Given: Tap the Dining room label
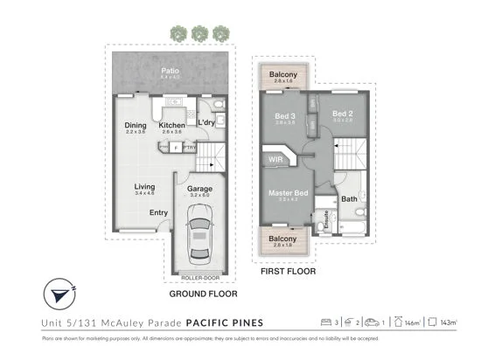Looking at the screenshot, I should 135,126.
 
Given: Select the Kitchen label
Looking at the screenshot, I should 171,126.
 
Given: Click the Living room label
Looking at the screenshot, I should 144,187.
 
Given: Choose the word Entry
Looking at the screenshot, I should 158,212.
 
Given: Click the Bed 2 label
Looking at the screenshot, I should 342,114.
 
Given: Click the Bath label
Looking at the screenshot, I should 349,199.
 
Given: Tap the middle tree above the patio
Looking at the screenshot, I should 199,33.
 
